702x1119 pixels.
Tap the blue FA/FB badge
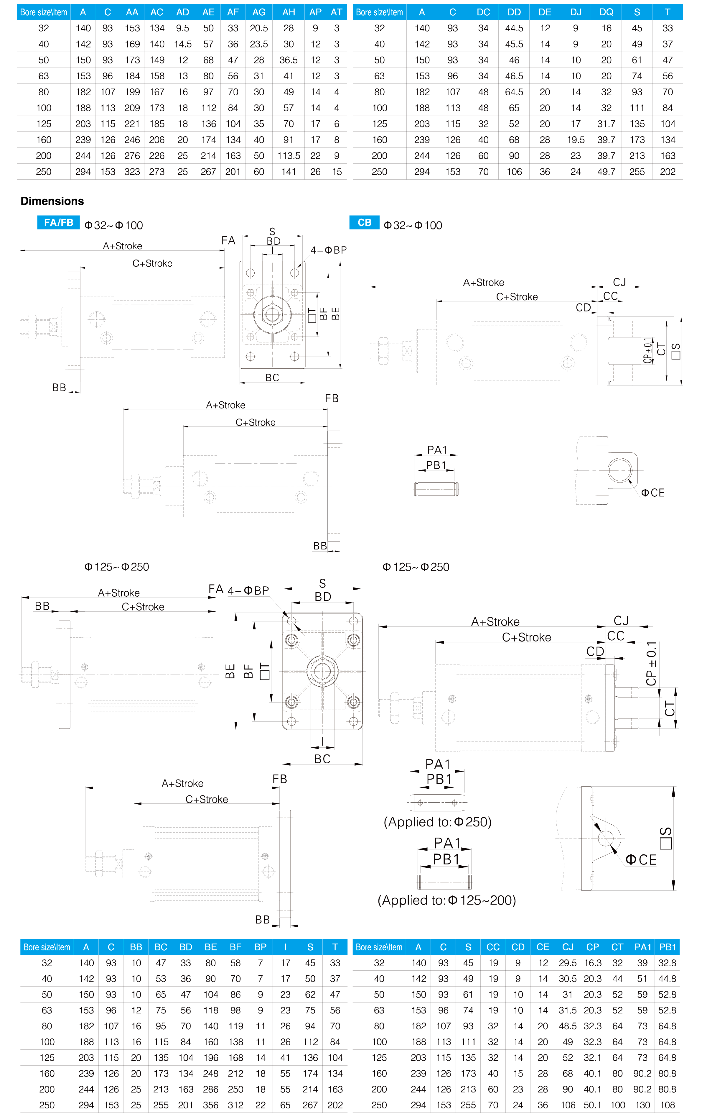tap(58, 222)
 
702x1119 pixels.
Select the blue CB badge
tap(365, 222)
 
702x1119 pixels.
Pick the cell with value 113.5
tap(289, 156)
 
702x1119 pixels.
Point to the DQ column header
tap(606, 12)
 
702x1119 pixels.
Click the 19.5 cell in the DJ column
tap(576, 140)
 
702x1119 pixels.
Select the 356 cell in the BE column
tap(211, 1105)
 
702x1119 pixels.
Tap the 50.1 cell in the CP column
tap(592, 1105)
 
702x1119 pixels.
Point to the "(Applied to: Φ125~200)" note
tap(447, 900)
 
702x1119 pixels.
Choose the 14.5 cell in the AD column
tap(183, 44)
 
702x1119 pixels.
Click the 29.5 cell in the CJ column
tap(568, 963)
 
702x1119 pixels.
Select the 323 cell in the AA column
tap(132, 172)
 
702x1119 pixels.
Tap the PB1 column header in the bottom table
tap(668, 947)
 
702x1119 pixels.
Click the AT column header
tap(337, 12)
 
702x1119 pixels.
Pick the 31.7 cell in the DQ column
tap(606, 124)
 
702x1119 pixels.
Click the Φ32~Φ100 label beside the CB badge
tap(413, 225)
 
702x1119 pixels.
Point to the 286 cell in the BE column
tap(211, 1089)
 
